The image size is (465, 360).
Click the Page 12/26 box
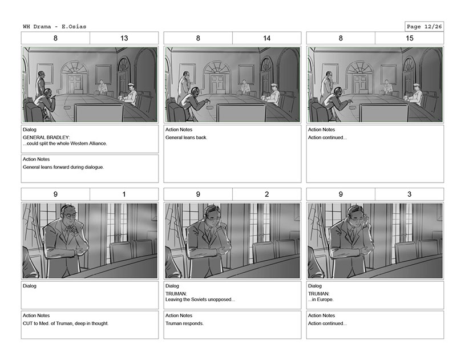coord(424,26)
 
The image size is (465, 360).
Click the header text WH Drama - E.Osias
coord(55,26)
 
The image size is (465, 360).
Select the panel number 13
coord(124,38)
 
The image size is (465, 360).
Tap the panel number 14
coord(266,38)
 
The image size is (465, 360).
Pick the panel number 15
coord(409,38)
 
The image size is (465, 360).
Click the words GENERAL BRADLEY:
coord(46,137)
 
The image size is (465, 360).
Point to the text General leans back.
coord(186,137)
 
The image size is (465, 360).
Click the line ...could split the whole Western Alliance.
coord(65,144)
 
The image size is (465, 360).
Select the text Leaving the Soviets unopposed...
coord(200,300)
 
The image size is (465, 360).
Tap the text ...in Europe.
coord(321,300)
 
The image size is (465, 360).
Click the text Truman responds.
coord(184,323)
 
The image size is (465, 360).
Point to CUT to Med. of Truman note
coord(66,323)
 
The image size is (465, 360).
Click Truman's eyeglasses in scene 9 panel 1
coord(70,215)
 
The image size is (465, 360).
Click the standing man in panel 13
coord(41,84)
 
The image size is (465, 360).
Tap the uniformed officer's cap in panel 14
coord(273,85)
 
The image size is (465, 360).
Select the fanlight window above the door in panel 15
coord(359,67)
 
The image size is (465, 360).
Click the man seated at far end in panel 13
coord(103,87)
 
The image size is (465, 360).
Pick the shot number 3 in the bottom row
coord(409,194)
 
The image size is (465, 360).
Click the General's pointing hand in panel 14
coord(207,102)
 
